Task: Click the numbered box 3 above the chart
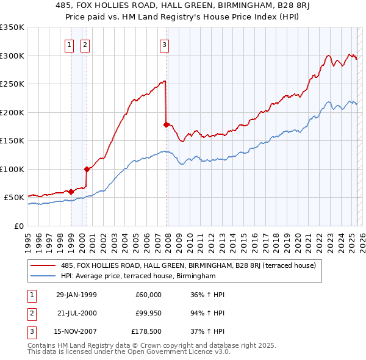[165, 44]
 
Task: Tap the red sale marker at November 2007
[166, 124]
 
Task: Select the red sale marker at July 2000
[87, 169]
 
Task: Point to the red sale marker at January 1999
[71, 192]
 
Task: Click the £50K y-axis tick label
[14, 197]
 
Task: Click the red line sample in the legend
[44, 265]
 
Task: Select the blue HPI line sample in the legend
[44, 276]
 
